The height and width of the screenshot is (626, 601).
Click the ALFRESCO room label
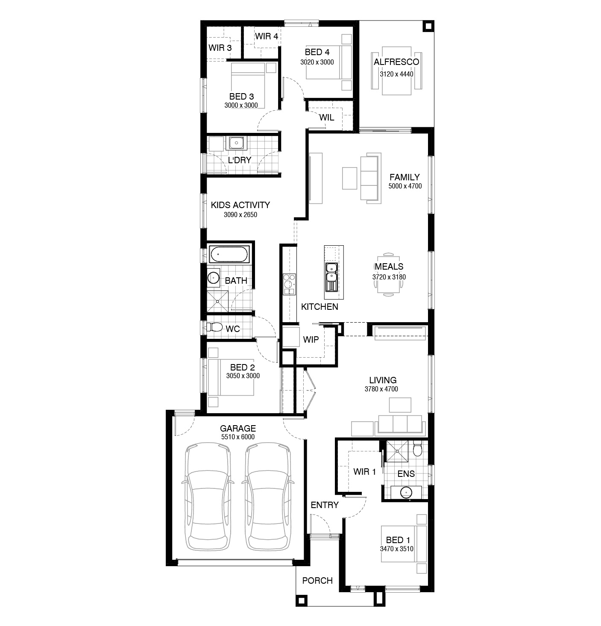[396, 62]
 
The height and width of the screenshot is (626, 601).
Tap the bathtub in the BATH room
[229, 254]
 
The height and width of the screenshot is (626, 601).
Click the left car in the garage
[208, 497]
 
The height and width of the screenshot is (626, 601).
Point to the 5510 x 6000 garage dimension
[237, 437]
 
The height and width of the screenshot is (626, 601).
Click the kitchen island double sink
[331, 272]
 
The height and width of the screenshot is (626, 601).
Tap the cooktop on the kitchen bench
[289, 284]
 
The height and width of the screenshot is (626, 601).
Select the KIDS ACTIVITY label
[240, 205]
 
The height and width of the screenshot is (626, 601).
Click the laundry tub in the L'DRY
[236, 143]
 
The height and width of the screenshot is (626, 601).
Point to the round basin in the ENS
[406, 493]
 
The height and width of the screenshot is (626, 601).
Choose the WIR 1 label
[364, 472]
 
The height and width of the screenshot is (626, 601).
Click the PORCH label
[317, 581]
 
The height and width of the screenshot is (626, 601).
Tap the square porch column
[302, 601]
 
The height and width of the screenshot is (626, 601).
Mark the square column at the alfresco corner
[428, 26]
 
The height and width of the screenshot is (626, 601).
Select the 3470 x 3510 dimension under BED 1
[396, 549]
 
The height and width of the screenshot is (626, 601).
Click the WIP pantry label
[311, 339]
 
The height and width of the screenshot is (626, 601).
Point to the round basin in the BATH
[213, 277]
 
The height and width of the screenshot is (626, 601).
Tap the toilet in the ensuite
[417, 450]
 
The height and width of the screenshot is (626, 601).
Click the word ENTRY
[325, 505]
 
